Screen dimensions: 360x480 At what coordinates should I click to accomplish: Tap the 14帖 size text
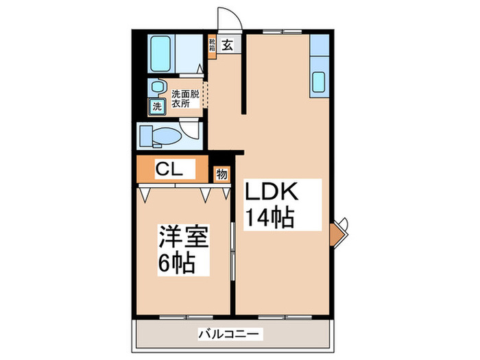click(x=271, y=217)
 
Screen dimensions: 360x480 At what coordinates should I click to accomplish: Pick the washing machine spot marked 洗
click(x=158, y=106)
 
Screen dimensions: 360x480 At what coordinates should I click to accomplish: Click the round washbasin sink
click(x=158, y=86)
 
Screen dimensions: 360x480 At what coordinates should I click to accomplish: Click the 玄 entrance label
click(x=227, y=47)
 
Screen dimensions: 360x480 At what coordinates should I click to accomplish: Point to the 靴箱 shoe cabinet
click(x=213, y=46)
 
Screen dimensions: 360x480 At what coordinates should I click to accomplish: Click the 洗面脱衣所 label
click(x=184, y=99)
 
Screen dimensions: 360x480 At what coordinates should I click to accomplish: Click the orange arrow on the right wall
click(x=335, y=233)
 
